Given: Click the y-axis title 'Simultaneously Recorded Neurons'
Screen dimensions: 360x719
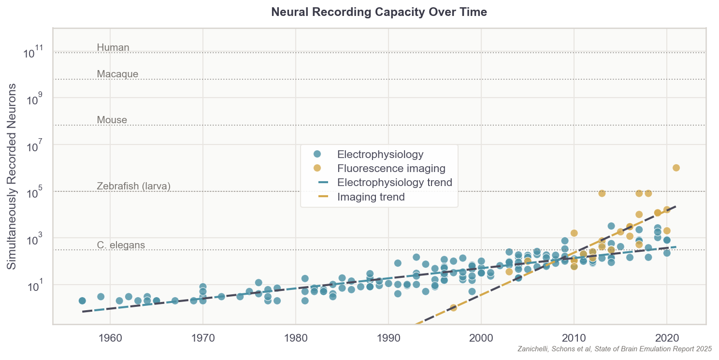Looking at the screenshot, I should tap(12, 176).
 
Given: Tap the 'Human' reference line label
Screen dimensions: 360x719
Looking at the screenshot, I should tap(113, 47).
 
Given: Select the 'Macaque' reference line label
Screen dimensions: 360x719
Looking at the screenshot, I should tap(117, 74).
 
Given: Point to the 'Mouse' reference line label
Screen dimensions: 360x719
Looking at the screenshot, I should tap(112, 120).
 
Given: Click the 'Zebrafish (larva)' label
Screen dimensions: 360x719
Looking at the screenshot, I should tap(133, 186).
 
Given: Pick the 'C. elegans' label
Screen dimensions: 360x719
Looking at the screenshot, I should tap(121, 245).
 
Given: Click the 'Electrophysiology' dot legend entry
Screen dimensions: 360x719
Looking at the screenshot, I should tap(380, 155).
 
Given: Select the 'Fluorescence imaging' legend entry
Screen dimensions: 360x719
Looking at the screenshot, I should tap(391, 169).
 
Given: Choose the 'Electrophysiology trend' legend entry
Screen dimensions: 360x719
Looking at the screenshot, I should tap(394, 183).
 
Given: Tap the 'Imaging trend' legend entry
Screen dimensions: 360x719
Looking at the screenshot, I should tap(371, 197).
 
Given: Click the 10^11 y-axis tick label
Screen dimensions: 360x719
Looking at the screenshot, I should tap(33, 52).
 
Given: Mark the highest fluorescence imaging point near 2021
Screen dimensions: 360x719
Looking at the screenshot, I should tap(676, 168).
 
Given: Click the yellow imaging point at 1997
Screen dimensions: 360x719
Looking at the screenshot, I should tap(453, 308).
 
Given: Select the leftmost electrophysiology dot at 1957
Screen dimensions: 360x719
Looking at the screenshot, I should tap(82, 301).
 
